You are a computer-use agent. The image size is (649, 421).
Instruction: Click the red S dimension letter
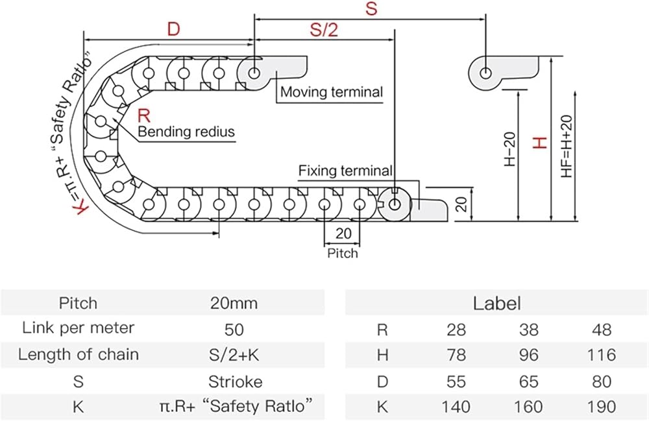(x=371, y=8)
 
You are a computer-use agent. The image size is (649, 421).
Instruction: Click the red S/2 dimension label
(x=324, y=30)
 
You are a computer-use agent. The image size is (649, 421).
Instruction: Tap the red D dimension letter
(x=174, y=29)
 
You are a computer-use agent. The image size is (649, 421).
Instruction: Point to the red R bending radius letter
(x=143, y=116)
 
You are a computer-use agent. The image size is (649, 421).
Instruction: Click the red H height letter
(x=540, y=143)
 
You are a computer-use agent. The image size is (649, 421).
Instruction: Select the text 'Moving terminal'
(x=332, y=92)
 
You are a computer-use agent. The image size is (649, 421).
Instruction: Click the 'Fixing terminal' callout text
(x=345, y=171)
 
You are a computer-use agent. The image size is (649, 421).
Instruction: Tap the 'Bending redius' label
(x=186, y=132)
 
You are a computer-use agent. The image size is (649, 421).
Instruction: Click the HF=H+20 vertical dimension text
(x=567, y=146)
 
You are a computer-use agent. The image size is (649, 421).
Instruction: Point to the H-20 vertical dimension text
(x=510, y=149)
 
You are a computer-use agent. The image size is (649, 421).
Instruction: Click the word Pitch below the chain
(x=342, y=253)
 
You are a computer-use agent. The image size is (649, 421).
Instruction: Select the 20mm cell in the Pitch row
(x=234, y=303)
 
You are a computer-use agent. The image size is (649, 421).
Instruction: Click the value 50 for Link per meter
(x=234, y=330)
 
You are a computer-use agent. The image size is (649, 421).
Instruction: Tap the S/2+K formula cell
(x=234, y=355)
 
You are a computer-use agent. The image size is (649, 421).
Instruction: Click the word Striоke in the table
(x=235, y=381)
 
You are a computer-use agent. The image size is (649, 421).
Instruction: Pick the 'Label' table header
(x=496, y=303)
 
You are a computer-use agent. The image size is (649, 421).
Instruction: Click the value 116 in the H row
(x=602, y=355)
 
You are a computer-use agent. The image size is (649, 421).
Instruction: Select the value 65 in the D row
(x=528, y=381)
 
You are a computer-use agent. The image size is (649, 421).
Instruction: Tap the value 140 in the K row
(x=456, y=407)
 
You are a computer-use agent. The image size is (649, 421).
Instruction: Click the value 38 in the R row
(x=528, y=330)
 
